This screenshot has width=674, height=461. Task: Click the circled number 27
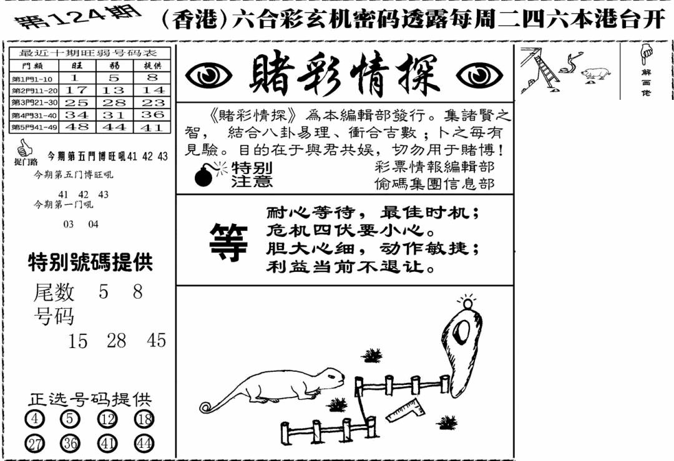tap(34, 444)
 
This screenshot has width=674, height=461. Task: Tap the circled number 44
tap(144, 444)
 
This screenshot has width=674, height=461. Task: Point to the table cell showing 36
tap(152, 115)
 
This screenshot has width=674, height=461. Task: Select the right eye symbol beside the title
tap(479, 76)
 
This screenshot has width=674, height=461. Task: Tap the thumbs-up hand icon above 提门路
tap(25, 148)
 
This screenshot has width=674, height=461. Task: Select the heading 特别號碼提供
tap(90, 263)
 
